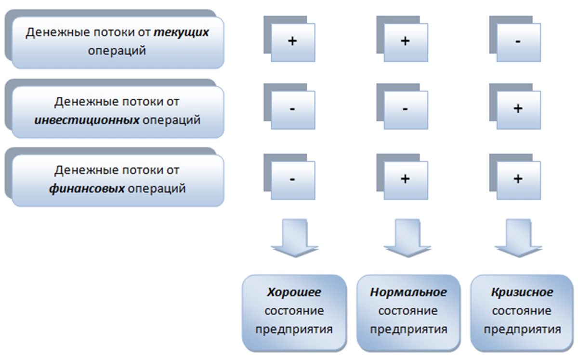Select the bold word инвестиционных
(x=87, y=120)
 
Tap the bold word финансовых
(x=87, y=188)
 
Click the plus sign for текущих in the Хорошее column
(x=292, y=41)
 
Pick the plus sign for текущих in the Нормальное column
(x=405, y=41)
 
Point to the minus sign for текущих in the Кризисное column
(x=518, y=41)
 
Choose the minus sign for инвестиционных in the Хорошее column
(x=292, y=109)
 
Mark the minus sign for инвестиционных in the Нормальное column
(x=405, y=109)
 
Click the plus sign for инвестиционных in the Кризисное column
(x=518, y=108)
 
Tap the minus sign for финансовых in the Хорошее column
(x=292, y=179)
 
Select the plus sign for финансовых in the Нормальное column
(x=405, y=179)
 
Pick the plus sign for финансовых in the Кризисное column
(x=518, y=179)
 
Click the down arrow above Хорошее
(x=295, y=238)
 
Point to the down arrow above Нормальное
(x=407, y=238)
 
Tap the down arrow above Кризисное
(x=518, y=238)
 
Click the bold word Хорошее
(x=294, y=293)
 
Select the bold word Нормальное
(x=408, y=293)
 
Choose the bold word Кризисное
(x=522, y=293)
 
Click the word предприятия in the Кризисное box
(x=522, y=330)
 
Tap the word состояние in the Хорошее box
(x=294, y=311)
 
